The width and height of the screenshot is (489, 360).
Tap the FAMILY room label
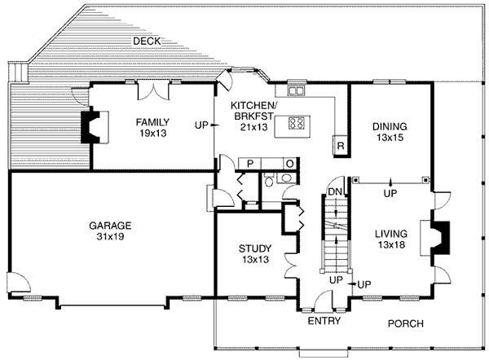tap(152, 122)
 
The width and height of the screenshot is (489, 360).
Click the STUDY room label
tap(254, 248)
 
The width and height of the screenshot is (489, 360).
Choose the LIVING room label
tap(390, 233)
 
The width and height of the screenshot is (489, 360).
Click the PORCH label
tap(405, 323)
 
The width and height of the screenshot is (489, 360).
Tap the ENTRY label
tap(323, 323)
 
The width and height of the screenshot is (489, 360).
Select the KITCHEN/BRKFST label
tap(253, 112)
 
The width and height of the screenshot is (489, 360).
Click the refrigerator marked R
tap(340, 146)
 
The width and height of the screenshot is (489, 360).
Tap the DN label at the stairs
tap(333, 191)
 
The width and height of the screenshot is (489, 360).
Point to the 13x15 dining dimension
tap(390, 138)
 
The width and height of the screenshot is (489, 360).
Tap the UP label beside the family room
tap(202, 125)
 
